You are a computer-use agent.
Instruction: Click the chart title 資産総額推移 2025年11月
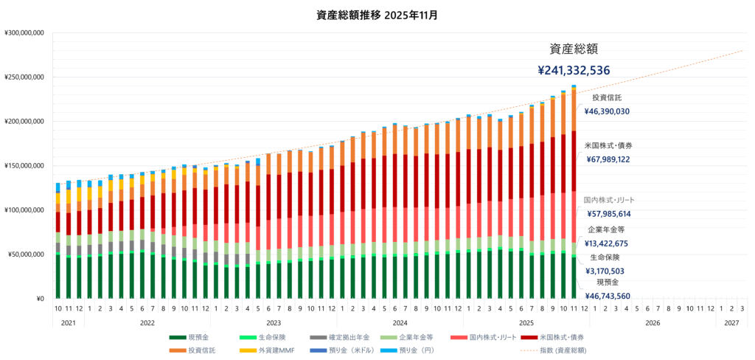click(377, 14)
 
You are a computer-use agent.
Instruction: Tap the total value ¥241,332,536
click(573, 71)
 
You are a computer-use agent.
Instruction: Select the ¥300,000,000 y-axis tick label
click(25, 33)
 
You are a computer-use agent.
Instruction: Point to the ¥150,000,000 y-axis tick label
click(25, 166)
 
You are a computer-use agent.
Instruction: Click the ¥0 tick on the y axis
click(41, 299)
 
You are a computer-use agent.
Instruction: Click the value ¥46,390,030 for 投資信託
click(607, 112)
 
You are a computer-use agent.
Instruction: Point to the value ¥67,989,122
click(607, 159)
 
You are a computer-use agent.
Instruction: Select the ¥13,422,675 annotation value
click(607, 243)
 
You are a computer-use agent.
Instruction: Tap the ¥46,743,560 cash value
click(607, 296)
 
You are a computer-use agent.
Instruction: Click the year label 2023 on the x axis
click(273, 323)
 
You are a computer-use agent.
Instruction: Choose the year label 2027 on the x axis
click(731, 323)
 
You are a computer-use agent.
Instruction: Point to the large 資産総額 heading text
click(574, 49)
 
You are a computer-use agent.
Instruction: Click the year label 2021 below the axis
click(68, 323)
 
